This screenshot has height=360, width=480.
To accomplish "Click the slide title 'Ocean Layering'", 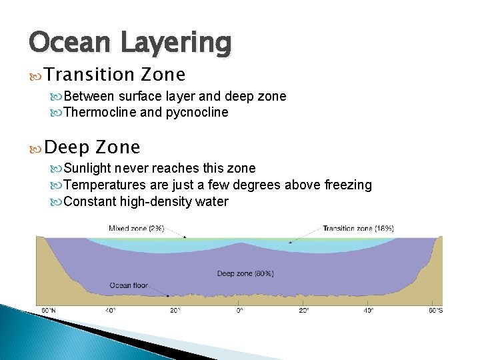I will (x=131, y=43).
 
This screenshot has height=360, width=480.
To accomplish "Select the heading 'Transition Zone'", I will (x=116, y=74).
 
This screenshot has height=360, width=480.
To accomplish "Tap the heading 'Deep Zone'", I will (x=93, y=147).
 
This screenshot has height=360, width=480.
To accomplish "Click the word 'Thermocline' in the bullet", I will (x=100, y=112).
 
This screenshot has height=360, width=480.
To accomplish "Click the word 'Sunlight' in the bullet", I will (x=90, y=169).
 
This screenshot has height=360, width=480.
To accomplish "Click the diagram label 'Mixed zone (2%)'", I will (x=137, y=228).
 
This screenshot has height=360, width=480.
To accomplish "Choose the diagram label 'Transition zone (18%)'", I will (x=358, y=228).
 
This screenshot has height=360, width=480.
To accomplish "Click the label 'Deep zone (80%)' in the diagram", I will (x=245, y=273).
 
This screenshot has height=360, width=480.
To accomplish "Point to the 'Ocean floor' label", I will (x=128, y=285).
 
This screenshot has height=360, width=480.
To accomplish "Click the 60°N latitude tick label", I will (x=49, y=311).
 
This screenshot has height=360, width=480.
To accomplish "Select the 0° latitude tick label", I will (x=239, y=311).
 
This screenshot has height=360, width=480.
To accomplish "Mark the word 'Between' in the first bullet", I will (x=89, y=96).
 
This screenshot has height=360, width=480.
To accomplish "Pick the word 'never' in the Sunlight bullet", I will (x=131, y=169).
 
